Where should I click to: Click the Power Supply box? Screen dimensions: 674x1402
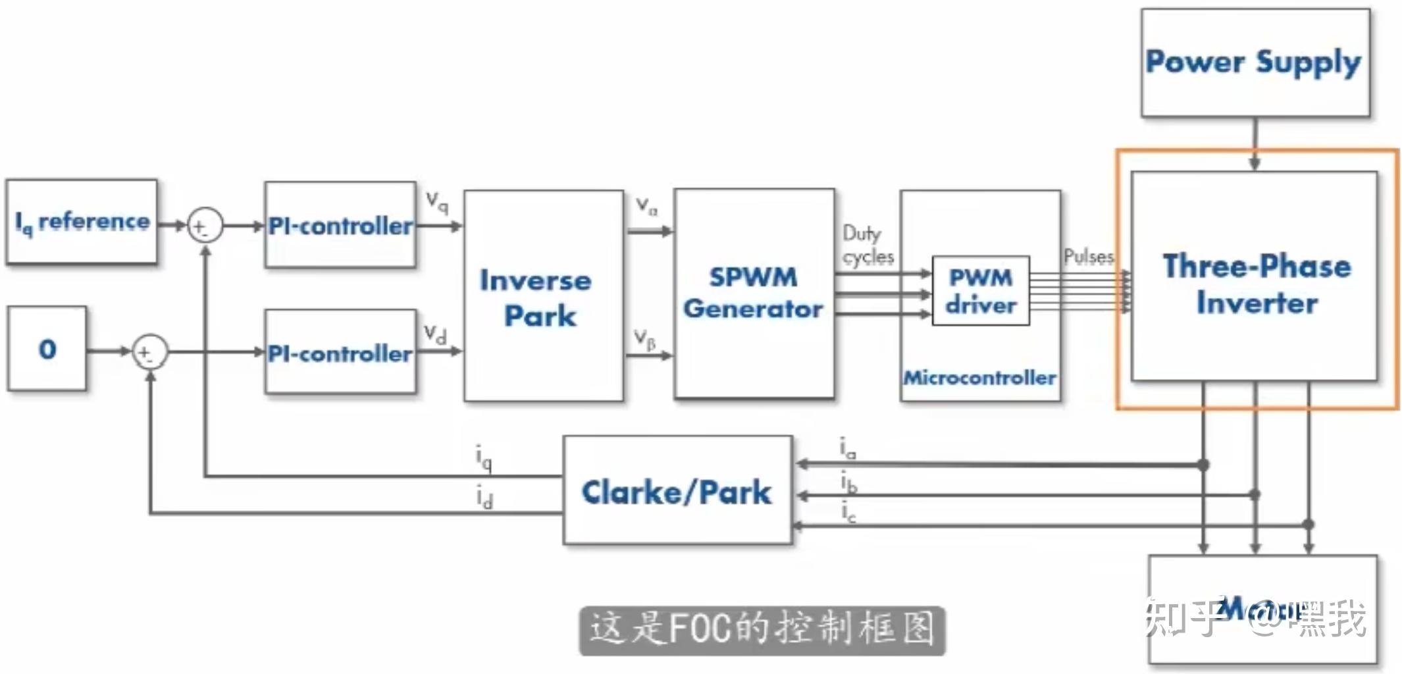tap(1255, 63)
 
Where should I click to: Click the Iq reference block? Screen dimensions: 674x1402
tap(82, 222)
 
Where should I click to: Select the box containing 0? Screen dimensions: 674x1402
tap(47, 348)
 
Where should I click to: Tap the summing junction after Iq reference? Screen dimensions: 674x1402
tap(205, 226)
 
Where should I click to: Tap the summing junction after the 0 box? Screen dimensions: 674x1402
tap(150, 352)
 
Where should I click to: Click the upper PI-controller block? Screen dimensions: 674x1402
tap(340, 225)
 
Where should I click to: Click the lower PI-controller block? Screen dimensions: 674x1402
tap(340, 353)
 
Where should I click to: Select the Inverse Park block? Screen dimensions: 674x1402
tap(543, 296)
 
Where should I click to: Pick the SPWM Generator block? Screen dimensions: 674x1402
tap(754, 294)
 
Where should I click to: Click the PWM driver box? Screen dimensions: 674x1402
tap(981, 290)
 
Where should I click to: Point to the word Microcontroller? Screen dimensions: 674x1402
tap(979, 378)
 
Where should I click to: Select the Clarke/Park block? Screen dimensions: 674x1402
tap(677, 491)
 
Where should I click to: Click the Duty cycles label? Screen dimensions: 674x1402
tap(868, 244)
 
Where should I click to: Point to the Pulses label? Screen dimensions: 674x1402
tap(1089, 256)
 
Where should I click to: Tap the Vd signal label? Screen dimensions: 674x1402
tap(435, 333)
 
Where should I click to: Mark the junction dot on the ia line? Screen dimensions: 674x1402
tap(1203, 465)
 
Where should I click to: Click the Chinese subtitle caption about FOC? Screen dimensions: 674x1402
tap(762, 629)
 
